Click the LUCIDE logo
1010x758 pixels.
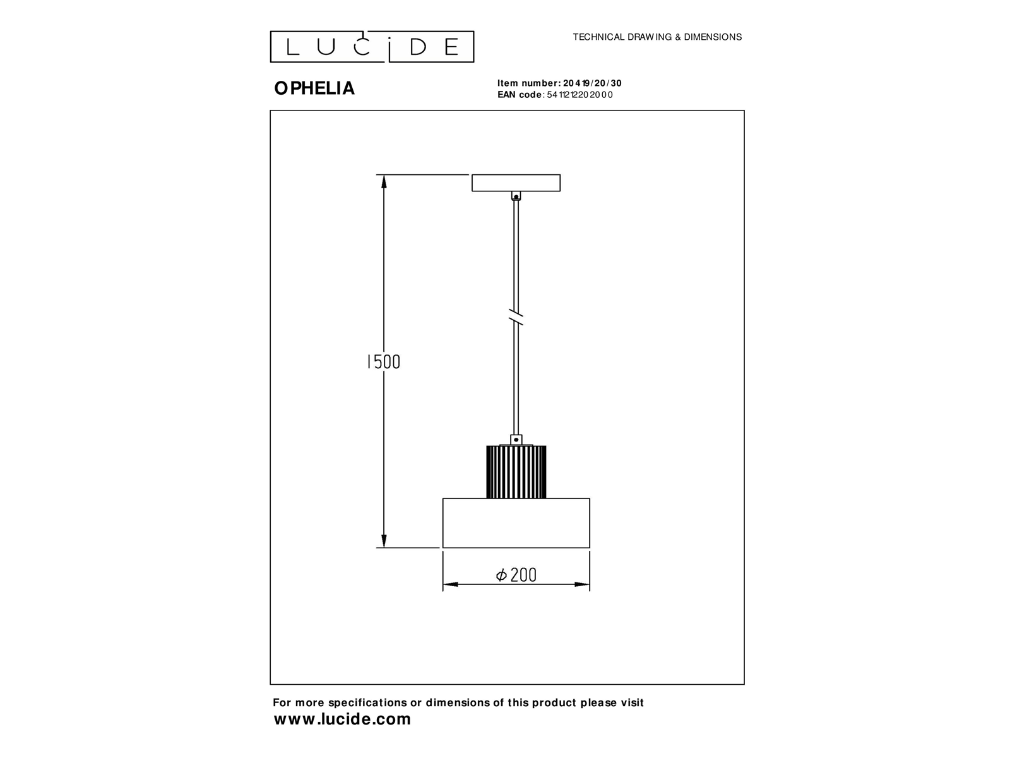click(x=372, y=47)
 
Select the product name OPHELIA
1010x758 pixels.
click(x=314, y=88)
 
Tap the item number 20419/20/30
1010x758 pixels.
click(x=592, y=83)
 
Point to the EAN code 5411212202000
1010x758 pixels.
click(x=579, y=95)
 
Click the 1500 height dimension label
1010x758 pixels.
click(x=383, y=362)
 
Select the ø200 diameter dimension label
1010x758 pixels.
click(x=516, y=575)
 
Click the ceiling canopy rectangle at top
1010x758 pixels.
click(x=516, y=183)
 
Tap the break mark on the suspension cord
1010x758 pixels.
click(x=516, y=316)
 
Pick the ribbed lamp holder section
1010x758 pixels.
click(x=516, y=472)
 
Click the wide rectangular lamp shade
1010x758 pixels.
click(x=516, y=523)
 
